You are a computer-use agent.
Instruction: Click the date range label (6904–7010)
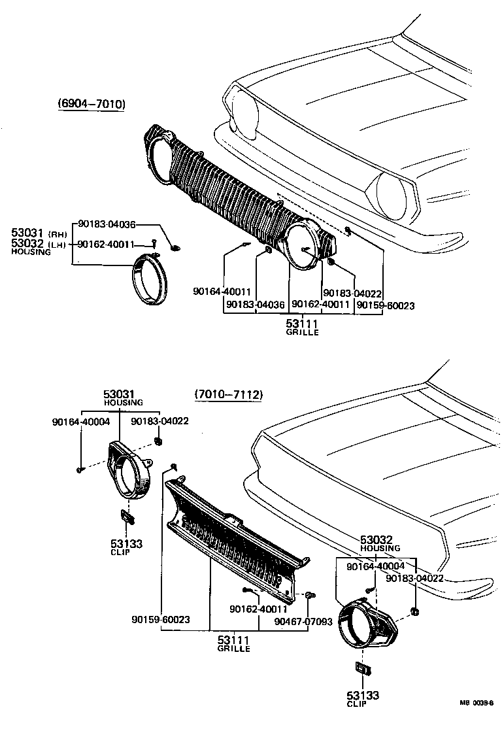pyautogui.click(x=91, y=105)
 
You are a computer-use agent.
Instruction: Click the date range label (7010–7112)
pyautogui.click(x=228, y=395)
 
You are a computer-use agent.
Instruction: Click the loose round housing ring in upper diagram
pyautogui.click(x=151, y=282)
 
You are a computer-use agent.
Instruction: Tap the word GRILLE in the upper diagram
pyautogui.click(x=302, y=333)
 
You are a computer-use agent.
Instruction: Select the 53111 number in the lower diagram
pyautogui.click(x=234, y=639)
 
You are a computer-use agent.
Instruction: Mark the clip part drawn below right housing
pyautogui.click(x=362, y=670)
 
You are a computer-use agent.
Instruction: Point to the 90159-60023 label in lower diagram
pyautogui.click(x=160, y=619)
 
